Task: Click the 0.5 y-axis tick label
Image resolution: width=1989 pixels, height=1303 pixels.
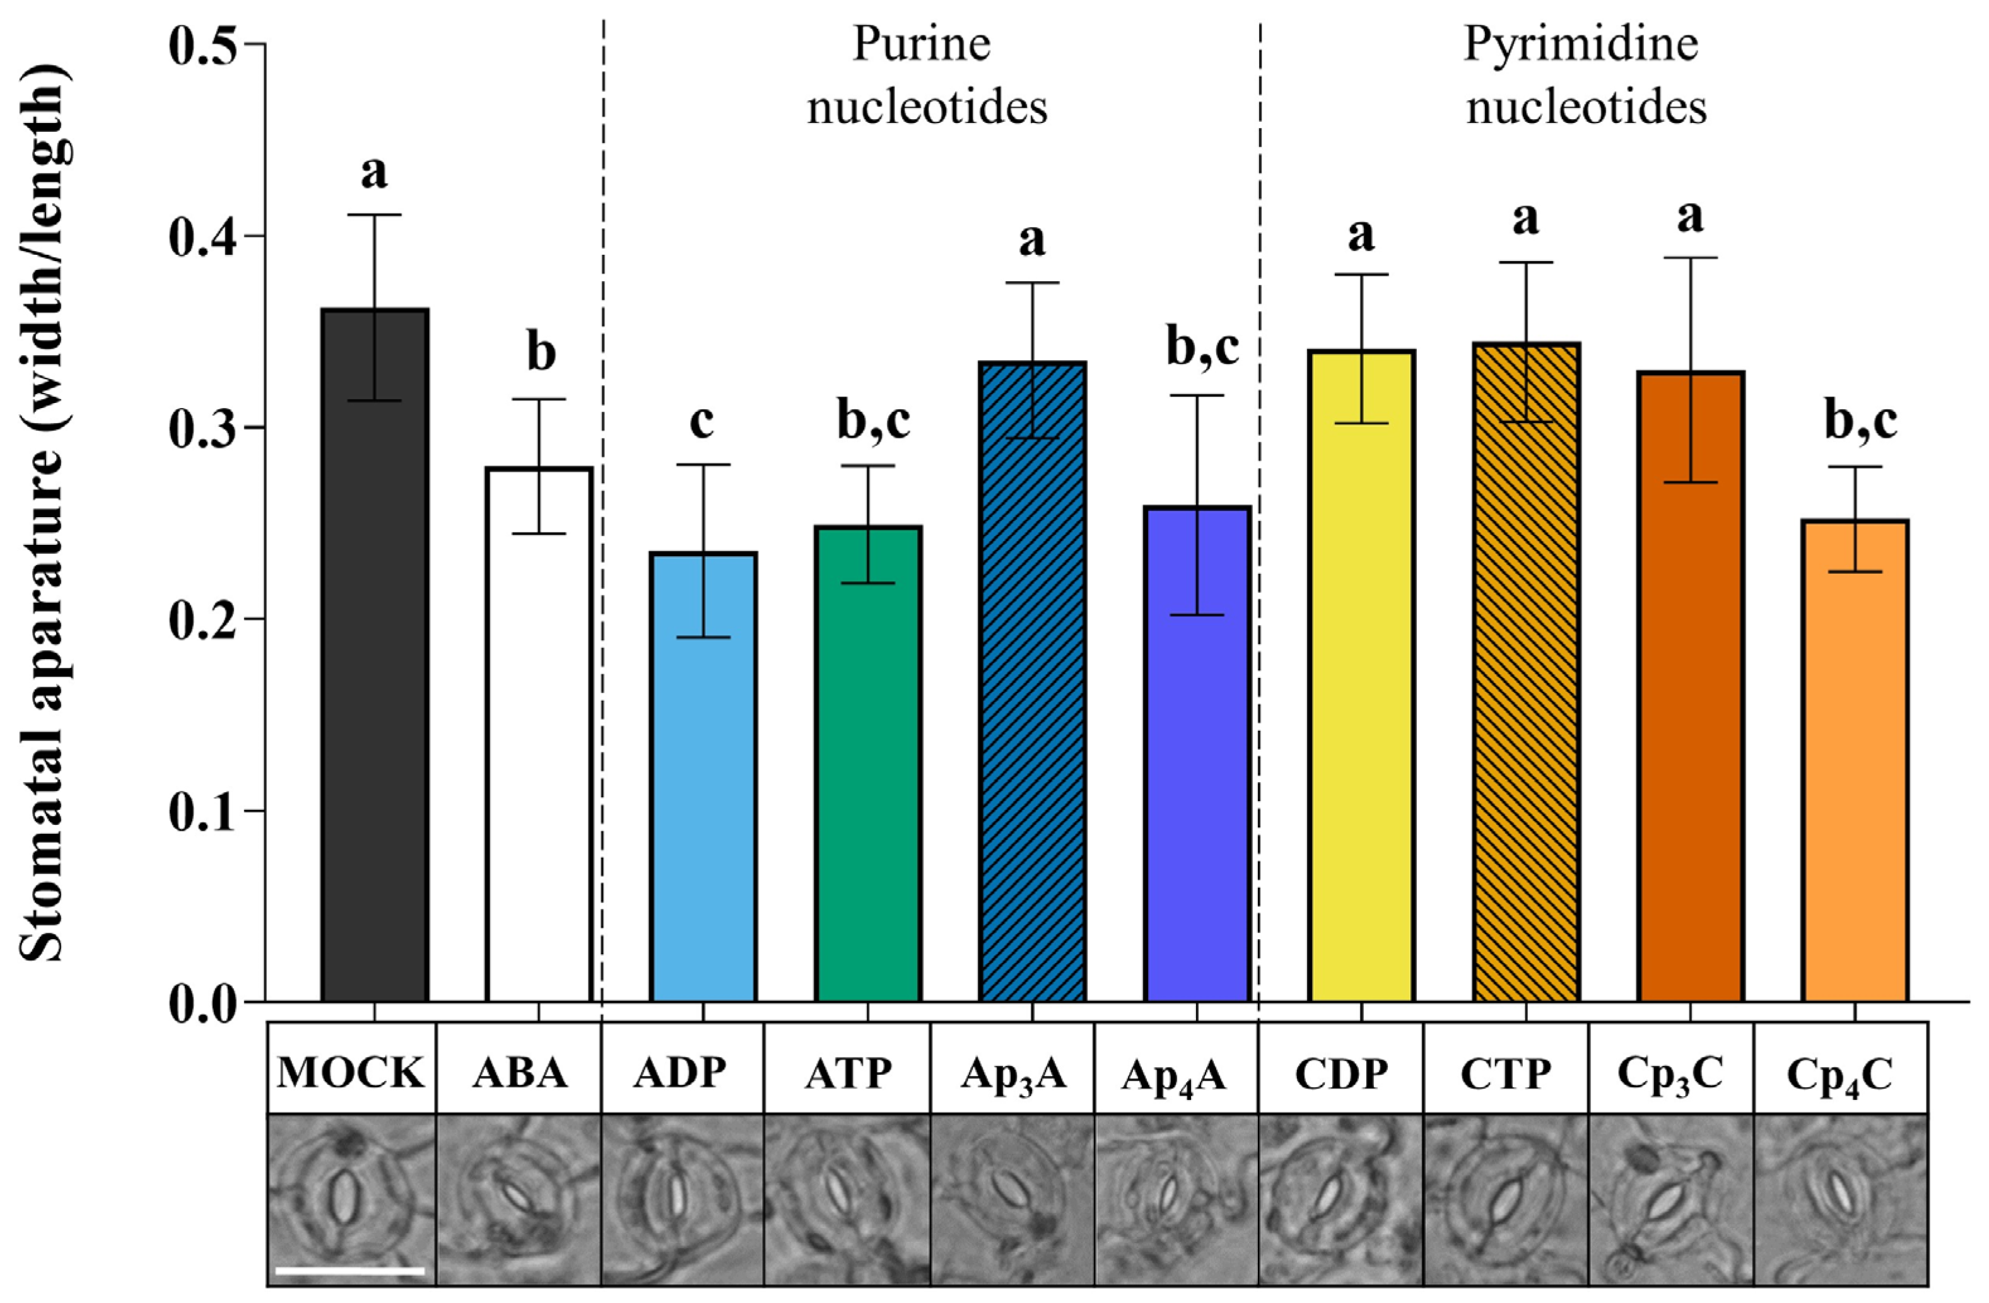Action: click(x=203, y=44)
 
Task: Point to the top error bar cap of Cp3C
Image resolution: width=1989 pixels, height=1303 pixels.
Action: click(x=1691, y=257)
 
